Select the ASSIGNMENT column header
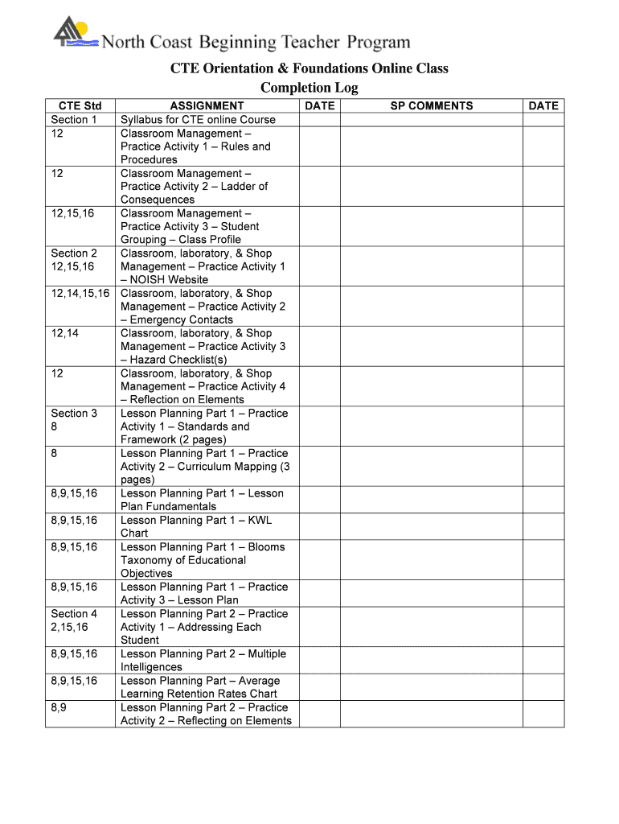tap(207, 105)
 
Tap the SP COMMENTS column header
tap(432, 105)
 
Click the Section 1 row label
tap(74, 119)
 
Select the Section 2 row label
tap(74, 253)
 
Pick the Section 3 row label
tap(74, 413)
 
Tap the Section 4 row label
tap(74, 613)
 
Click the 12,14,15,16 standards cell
tap(80, 293)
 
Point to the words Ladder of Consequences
tap(193, 193)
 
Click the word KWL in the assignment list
tap(260, 520)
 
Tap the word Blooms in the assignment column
tap(266, 546)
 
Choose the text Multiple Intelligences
tap(201, 661)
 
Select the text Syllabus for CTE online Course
tap(198, 119)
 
